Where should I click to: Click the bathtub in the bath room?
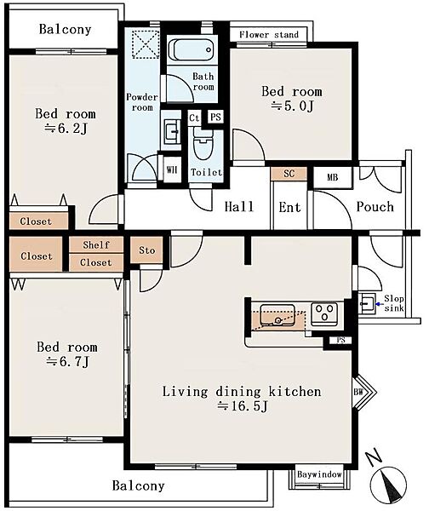(192, 50)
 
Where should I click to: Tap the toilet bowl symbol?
(203, 143)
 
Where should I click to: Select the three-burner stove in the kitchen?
(324, 313)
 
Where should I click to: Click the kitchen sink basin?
(277, 315)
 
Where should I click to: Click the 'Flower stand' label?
(269, 35)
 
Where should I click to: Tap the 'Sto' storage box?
(146, 250)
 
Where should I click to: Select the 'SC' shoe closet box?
(289, 174)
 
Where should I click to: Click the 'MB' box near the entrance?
(333, 178)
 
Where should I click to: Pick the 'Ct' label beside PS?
(194, 118)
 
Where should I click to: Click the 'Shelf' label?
(96, 244)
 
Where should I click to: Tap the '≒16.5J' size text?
(243, 406)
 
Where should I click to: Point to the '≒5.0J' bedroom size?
(292, 106)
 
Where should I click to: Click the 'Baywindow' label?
(319, 474)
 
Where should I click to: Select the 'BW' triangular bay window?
(364, 392)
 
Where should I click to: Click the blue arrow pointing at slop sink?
(379, 304)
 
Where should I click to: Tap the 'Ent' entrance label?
(289, 207)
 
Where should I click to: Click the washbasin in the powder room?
(172, 131)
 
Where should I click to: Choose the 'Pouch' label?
(375, 207)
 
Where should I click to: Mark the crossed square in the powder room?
(146, 44)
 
